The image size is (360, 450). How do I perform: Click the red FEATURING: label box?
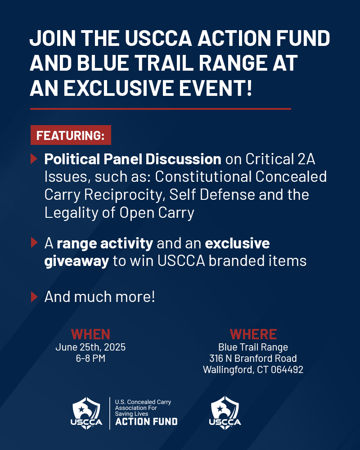click(71, 135)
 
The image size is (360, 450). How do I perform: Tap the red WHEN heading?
click(90, 334)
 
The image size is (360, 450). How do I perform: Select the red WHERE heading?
click(253, 334)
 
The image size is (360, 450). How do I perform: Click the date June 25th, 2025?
click(90, 347)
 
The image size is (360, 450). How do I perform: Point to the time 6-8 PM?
click(90, 359)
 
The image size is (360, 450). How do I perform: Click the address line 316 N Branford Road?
click(253, 359)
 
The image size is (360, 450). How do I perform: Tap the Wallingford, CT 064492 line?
click(253, 370)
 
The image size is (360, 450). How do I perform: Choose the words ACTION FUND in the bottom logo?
click(146, 422)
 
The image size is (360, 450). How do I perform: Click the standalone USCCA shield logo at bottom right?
click(225, 412)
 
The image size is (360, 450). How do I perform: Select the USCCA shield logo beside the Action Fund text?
click(87, 412)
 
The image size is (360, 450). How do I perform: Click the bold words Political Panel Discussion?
click(133, 159)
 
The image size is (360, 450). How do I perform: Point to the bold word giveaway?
click(76, 261)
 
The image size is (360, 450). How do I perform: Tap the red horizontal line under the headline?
click(161, 109)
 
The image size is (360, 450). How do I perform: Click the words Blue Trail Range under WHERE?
click(253, 347)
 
